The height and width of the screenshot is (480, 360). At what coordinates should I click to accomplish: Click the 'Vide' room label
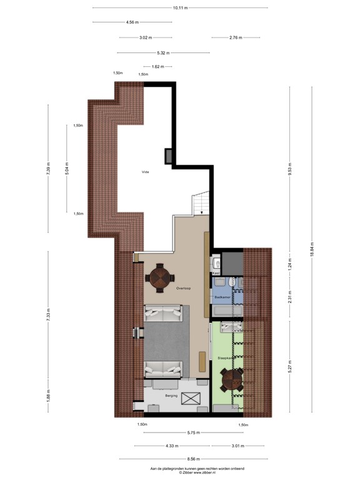[x=145, y=171]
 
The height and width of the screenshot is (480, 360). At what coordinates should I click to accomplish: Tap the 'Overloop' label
[x=182, y=289]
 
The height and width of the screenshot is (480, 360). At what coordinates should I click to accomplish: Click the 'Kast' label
[x=216, y=273]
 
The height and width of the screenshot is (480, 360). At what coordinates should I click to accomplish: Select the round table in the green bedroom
[x=232, y=380]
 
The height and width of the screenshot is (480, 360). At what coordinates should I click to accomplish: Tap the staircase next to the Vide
[x=199, y=204]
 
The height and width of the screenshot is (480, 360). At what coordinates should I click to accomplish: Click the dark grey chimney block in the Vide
[x=169, y=156]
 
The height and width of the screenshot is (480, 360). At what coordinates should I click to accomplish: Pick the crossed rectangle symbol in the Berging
[x=190, y=397]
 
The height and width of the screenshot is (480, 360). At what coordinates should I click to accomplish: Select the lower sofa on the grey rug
[x=165, y=369]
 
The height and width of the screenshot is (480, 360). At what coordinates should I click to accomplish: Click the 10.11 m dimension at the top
[x=180, y=8]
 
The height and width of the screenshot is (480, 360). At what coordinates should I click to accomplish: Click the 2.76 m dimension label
[x=235, y=37]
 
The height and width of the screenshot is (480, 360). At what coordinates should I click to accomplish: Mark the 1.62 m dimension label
[x=157, y=66]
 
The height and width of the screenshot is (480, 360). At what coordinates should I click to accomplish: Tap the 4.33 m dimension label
[x=172, y=446]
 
